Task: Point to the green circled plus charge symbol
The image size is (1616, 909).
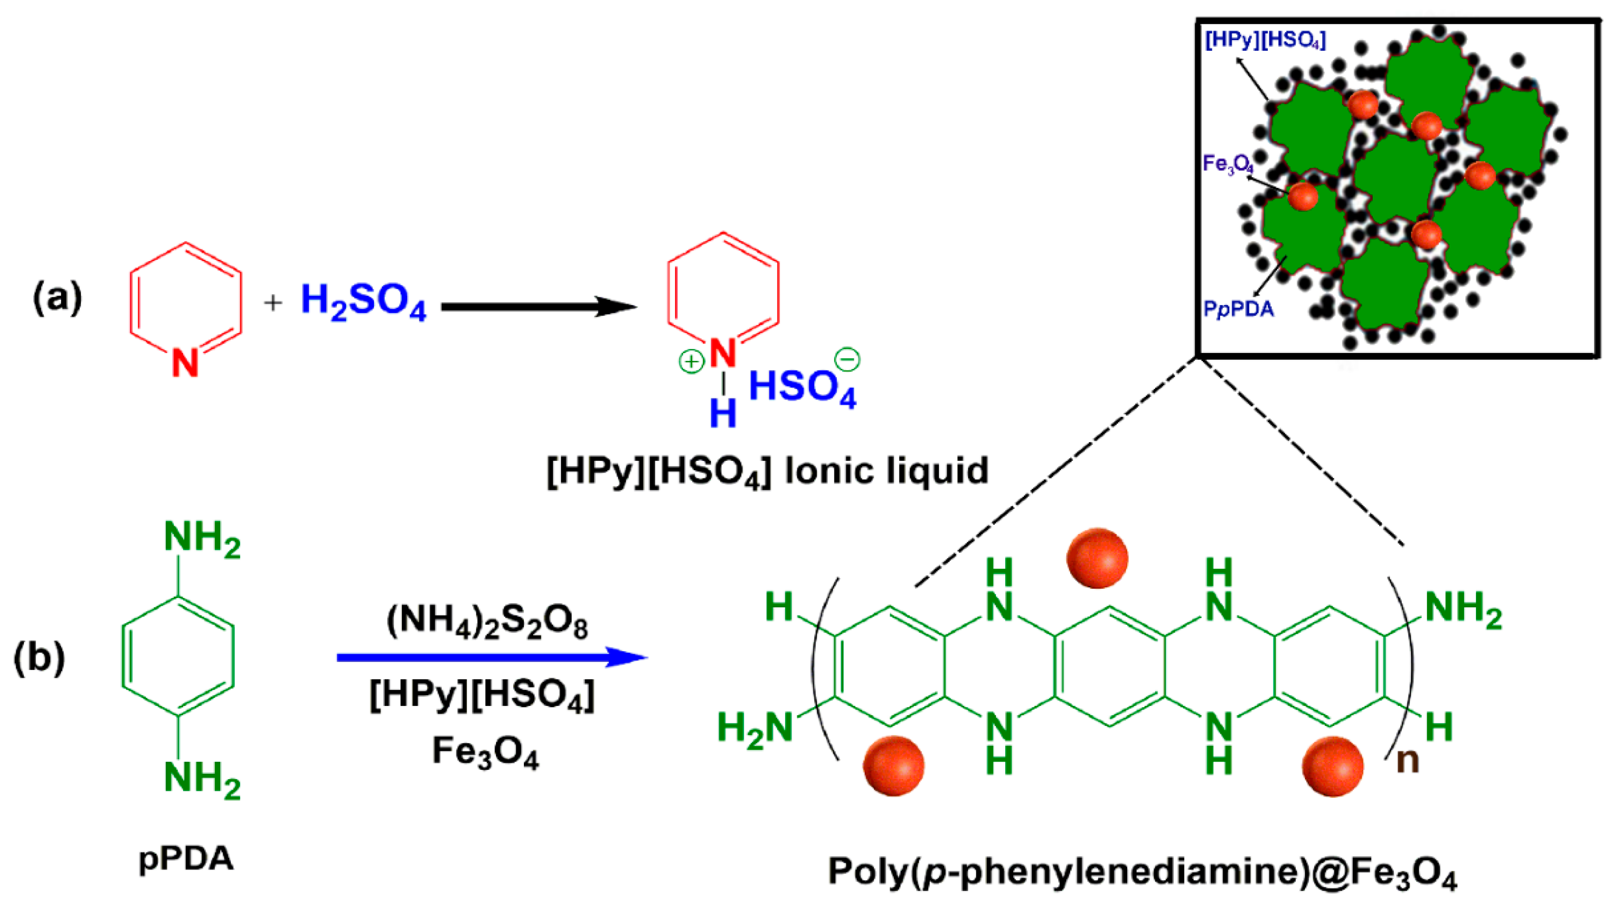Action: point(691,361)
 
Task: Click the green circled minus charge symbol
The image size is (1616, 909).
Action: point(847,359)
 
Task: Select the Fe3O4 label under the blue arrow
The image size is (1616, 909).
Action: point(485,751)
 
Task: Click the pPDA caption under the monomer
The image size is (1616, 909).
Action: point(186,859)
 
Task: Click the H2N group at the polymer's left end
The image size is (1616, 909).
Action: point(755,729)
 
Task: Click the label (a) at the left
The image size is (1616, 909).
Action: point(57,297)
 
